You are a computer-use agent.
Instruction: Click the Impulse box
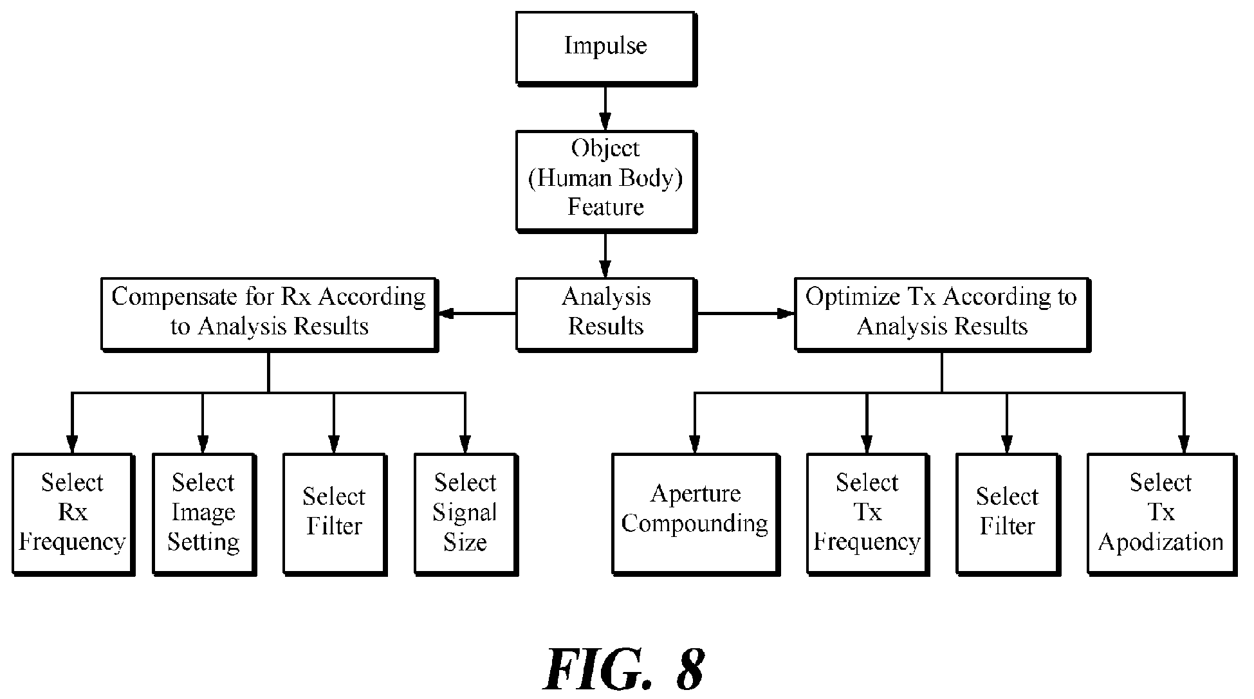(605, 48)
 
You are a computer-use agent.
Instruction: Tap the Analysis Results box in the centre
(606, 314)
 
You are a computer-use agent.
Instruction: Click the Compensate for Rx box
(270, 314)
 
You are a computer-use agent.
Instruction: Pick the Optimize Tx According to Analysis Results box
(943, 314)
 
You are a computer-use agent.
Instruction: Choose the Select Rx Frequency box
(73, 514)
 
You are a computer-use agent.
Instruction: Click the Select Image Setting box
(204, 514)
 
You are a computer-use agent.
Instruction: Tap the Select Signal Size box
(466, 514)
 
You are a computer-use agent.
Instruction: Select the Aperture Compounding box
(696, 514)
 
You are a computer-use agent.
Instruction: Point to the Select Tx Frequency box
(867, 514)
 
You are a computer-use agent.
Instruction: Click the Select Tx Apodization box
(1161, 514)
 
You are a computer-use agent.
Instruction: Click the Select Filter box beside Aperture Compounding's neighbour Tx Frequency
(1008, 514)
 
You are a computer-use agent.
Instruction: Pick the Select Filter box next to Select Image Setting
(335, 514)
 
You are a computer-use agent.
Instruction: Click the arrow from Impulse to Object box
(605, 108)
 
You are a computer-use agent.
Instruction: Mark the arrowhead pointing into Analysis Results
(605, 269)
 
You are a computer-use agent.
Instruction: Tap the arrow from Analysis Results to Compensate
(477, 314)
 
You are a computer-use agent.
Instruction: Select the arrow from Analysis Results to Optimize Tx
(746, 314)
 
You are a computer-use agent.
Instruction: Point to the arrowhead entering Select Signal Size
(465, 445)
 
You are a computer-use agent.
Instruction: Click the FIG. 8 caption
(623, 670)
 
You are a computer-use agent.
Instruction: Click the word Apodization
(1161, 542)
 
